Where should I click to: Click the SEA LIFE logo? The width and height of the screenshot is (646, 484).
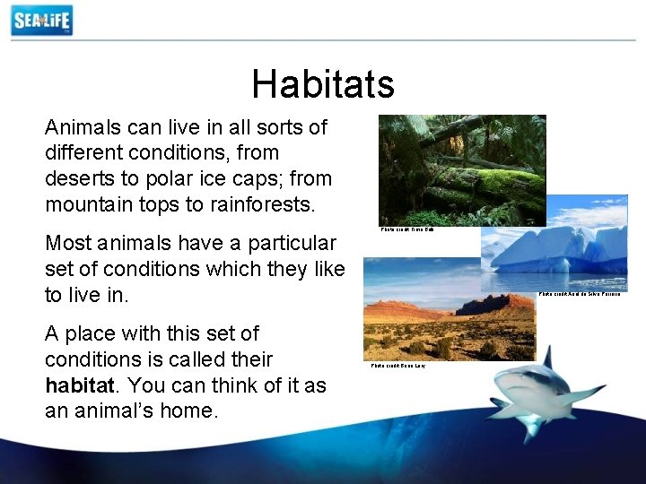41,20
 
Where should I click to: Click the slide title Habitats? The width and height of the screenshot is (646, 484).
323,84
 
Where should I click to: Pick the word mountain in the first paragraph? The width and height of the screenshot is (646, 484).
91,203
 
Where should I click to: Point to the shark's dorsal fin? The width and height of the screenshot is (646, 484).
546,358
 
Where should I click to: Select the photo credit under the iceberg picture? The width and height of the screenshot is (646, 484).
580,294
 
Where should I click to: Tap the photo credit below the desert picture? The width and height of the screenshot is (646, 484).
398,366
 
